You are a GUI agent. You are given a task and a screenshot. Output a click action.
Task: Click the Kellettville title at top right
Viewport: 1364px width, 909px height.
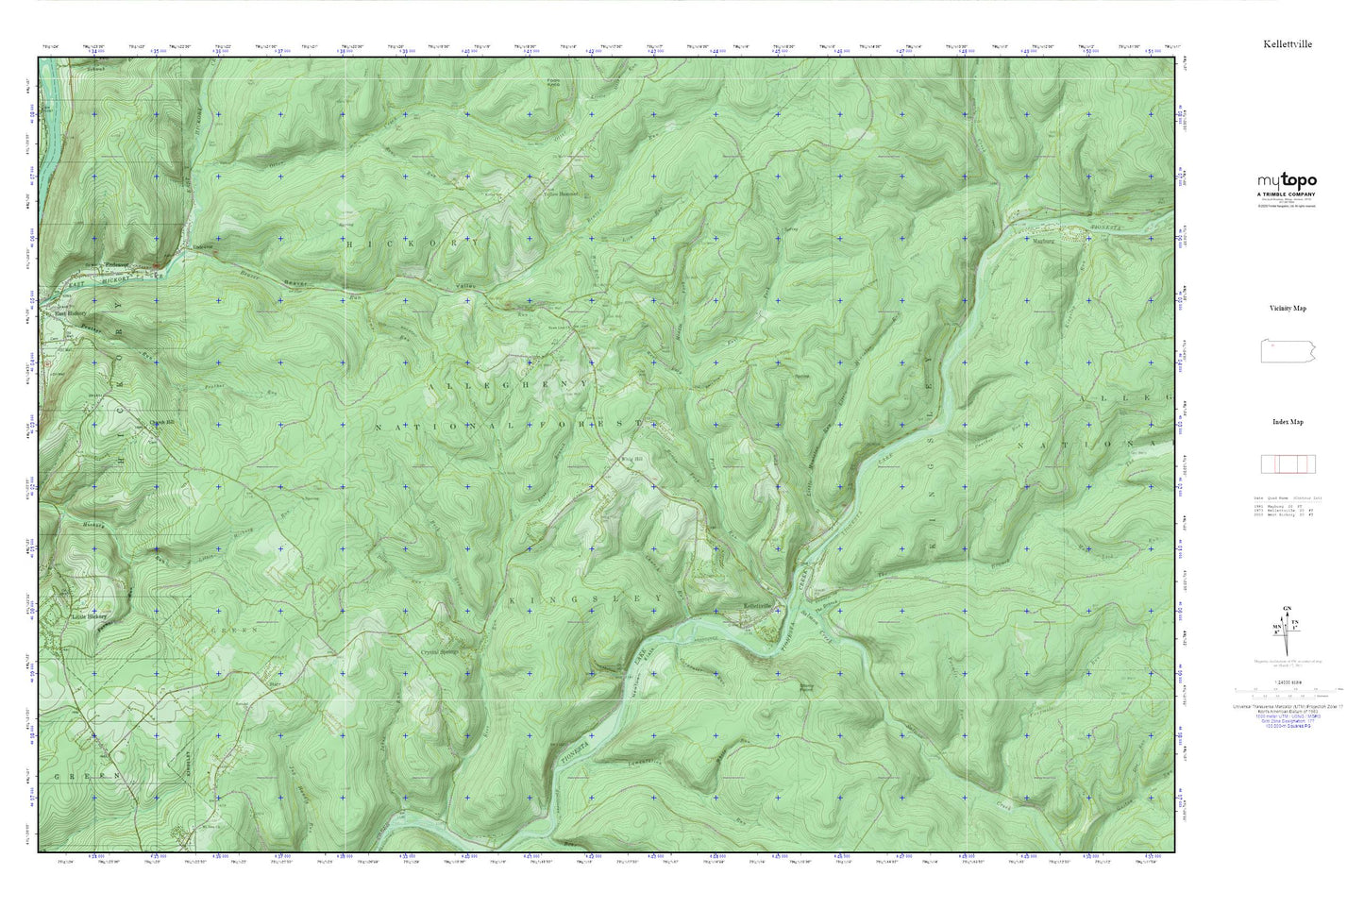click(x=1288, y=44)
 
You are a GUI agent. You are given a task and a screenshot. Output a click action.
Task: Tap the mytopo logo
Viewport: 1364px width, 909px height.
click(x=1286, y=181)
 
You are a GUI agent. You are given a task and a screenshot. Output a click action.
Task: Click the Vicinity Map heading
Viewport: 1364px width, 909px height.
click(x=1288, y=309)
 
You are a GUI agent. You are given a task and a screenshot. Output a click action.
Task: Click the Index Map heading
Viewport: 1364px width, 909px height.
click(x=1288, y=422)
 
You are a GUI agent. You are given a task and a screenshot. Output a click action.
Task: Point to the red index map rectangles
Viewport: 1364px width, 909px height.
click(x=1288, y=463)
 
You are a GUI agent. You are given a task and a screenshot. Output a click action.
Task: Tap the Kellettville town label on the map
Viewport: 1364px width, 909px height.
click(x=758, y=605)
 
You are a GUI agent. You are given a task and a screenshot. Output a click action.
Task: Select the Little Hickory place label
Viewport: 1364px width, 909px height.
click(x=91, y=618)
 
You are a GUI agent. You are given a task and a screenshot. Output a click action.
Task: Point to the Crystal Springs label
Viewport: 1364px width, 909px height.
click(x=441, y=651)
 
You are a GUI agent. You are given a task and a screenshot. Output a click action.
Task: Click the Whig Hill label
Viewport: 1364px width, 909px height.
click(x=624, y=459)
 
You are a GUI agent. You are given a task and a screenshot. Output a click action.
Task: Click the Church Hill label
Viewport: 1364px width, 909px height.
click(x=160, y=422)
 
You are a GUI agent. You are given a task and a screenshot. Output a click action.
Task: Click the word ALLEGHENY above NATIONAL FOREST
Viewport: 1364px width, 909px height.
click(x=510, y=386)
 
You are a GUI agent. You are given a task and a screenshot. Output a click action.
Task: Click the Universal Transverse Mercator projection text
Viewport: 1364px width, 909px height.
click(x=1288, y=706)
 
